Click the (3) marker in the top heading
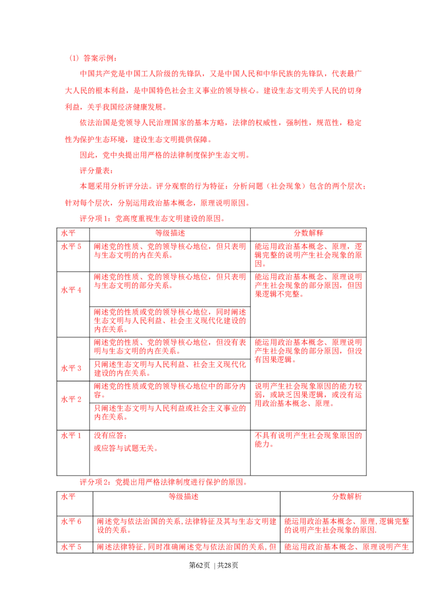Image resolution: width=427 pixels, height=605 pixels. tap(74, 58)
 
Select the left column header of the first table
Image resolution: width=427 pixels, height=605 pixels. tap(72, 234)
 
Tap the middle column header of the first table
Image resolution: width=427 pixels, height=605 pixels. tap(170, 234)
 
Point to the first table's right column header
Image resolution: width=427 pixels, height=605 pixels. tap(308, 234)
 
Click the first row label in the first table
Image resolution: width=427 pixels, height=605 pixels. tap(72, 247)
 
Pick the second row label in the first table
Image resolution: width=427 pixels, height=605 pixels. tap(72, 289)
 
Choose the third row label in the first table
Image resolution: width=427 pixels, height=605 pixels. tap(72, 368)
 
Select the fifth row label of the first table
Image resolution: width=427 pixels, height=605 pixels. tap(70, 436)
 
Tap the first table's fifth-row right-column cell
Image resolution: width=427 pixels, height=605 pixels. tap(308, 439)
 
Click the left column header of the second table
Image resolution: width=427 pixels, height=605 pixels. tap(68, 497)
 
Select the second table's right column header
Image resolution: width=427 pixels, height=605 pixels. tap(347, 497)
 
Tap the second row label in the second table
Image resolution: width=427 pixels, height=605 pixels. tap(74, 547)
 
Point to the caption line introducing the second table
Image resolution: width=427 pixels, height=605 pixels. tap(162, 482)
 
